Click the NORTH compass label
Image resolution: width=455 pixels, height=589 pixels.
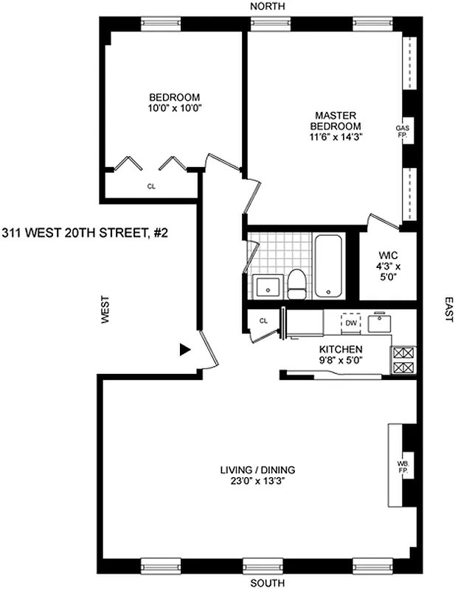tap(267, 6)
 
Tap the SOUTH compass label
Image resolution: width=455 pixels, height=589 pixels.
tap(266, 583)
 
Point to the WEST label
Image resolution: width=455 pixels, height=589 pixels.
tap(106, 311)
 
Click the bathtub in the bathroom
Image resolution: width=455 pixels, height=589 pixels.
tap(327, 265)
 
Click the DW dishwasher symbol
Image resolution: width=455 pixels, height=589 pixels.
tap(352, 322)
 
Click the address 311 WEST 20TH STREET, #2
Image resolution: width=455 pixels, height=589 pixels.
tap(85, 233)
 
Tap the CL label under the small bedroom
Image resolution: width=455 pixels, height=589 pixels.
tap(151, 186)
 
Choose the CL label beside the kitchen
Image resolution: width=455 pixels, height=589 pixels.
tap(263, 320)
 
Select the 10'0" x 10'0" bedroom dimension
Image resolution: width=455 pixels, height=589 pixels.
tap(174, 107)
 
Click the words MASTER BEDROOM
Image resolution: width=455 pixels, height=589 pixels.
tap(336, 121)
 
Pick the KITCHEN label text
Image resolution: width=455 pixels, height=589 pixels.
tap(340, 349)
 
